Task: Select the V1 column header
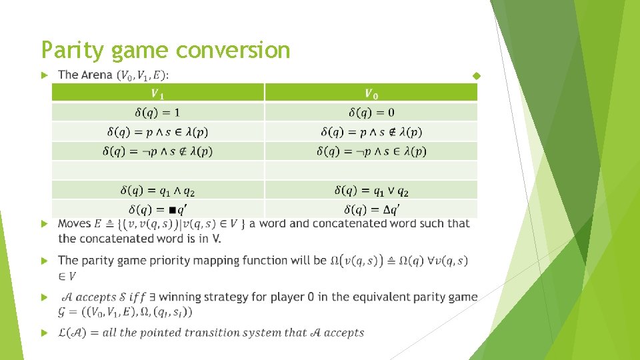click(158, 93)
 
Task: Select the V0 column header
click(371, 93)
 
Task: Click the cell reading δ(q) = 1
click(158, 112)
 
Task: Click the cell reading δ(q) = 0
click(371, 112)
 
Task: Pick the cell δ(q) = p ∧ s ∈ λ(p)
click(158, 132)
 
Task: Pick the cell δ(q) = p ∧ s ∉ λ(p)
click(371, 132)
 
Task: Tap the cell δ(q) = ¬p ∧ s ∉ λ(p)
click(158, 151)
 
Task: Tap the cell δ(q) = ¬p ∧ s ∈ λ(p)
click(371, 151)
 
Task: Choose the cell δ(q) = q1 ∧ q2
click(158, 191)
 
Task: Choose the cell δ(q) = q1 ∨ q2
click(371, 191)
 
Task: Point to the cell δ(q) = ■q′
click(158, 209)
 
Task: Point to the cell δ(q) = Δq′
click(371, 209)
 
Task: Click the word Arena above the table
click(96, 75)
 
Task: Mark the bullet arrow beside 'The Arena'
click(45, 75)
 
